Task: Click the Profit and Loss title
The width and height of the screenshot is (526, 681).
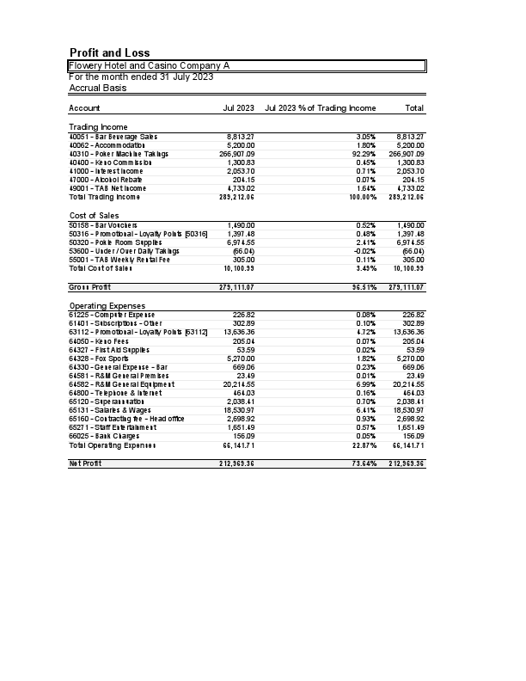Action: point(109,53)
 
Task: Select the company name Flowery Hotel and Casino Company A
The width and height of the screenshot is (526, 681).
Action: point(149,66)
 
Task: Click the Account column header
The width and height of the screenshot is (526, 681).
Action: point(84,108)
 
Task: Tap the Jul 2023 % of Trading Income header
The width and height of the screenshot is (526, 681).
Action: point(321,108)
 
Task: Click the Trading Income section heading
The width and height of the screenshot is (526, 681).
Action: point(98,127)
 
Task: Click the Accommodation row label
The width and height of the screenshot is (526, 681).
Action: point(108,145)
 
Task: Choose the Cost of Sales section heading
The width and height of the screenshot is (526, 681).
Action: point(94,216)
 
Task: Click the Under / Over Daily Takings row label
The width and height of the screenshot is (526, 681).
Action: point(124,251)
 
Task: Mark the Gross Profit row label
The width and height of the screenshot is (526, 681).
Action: point(90,287)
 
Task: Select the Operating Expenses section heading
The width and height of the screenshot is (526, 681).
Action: point(107,306)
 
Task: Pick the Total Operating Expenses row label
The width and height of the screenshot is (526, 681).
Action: point(113,445)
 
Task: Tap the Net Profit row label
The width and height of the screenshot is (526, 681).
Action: point(86,463)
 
